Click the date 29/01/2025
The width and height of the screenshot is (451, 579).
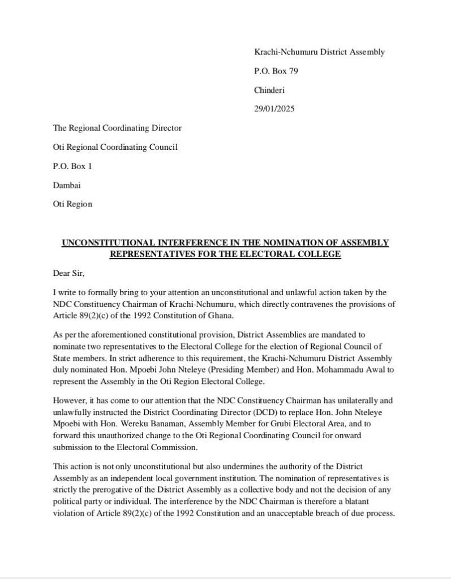pyautogui.click(x=274, y=109)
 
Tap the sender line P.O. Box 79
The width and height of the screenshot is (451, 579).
pyautogui.click(x=276, y=71)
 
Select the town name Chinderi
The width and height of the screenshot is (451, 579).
pyautogui.click(x=269, y=90)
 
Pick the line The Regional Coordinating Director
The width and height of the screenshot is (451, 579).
pyautogui.click(x=117, y=128)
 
